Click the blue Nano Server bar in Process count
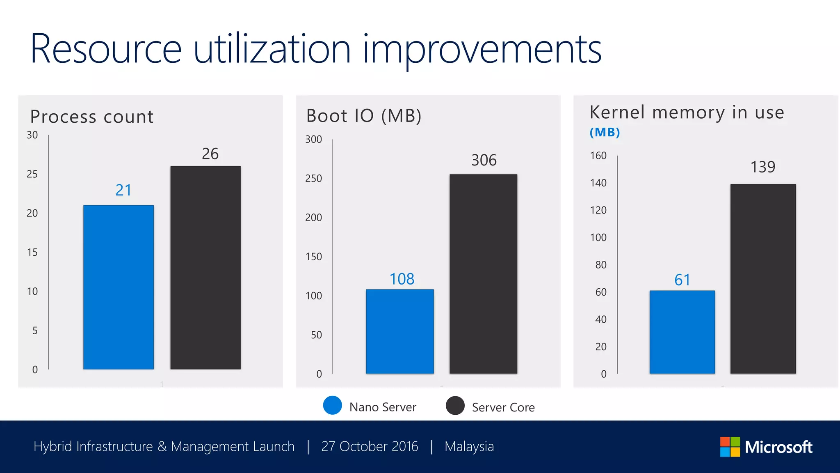click(119, 287)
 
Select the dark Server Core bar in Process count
click(205, 267)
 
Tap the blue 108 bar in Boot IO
click(400, 331)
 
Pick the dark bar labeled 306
click(483, 274)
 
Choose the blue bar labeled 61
click(682, 332)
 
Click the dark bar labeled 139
click(763, 279)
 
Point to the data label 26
click(210, 154)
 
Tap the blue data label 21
click(123, 190)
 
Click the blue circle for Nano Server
click(332, 405)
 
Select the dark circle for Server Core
click(455, 406)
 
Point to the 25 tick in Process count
click(32, 174)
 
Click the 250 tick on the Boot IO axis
click(313, 179)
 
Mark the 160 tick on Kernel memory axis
click(598, 156)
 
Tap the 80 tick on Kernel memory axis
click(600, 265)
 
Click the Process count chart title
click(92, 117)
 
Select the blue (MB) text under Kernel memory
click(605, 132)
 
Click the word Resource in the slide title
click(106, 49)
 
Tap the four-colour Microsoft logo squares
click(730, 447)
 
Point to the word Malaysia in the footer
click(469, 446)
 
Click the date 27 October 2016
click(370, 446)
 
